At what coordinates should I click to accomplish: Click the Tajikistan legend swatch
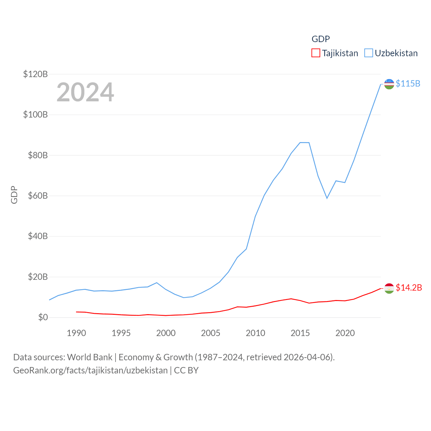(316, 53)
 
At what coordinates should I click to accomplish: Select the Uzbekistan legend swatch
(369, 53)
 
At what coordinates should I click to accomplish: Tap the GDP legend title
(321, 39)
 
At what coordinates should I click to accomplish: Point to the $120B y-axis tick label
(35, 74)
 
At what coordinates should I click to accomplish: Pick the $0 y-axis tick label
(43, 317)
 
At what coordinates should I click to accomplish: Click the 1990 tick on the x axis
(76, 333)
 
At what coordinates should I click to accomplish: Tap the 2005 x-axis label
(210, 333)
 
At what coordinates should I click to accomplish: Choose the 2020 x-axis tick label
(345, 333)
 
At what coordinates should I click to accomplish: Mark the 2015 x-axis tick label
(300, 333)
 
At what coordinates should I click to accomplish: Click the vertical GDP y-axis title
(14, 195)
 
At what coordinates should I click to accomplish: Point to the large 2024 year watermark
(85, 92)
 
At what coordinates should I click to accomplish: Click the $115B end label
(408, 84)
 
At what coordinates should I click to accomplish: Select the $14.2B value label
(408, 288)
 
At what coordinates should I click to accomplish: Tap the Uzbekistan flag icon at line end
(389, 84)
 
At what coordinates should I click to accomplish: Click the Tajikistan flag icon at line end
(389, 289)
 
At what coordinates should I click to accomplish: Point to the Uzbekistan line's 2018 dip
(327, 198)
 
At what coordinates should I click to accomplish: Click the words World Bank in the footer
(90, 357)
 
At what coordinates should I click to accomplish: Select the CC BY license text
(186, 370)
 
